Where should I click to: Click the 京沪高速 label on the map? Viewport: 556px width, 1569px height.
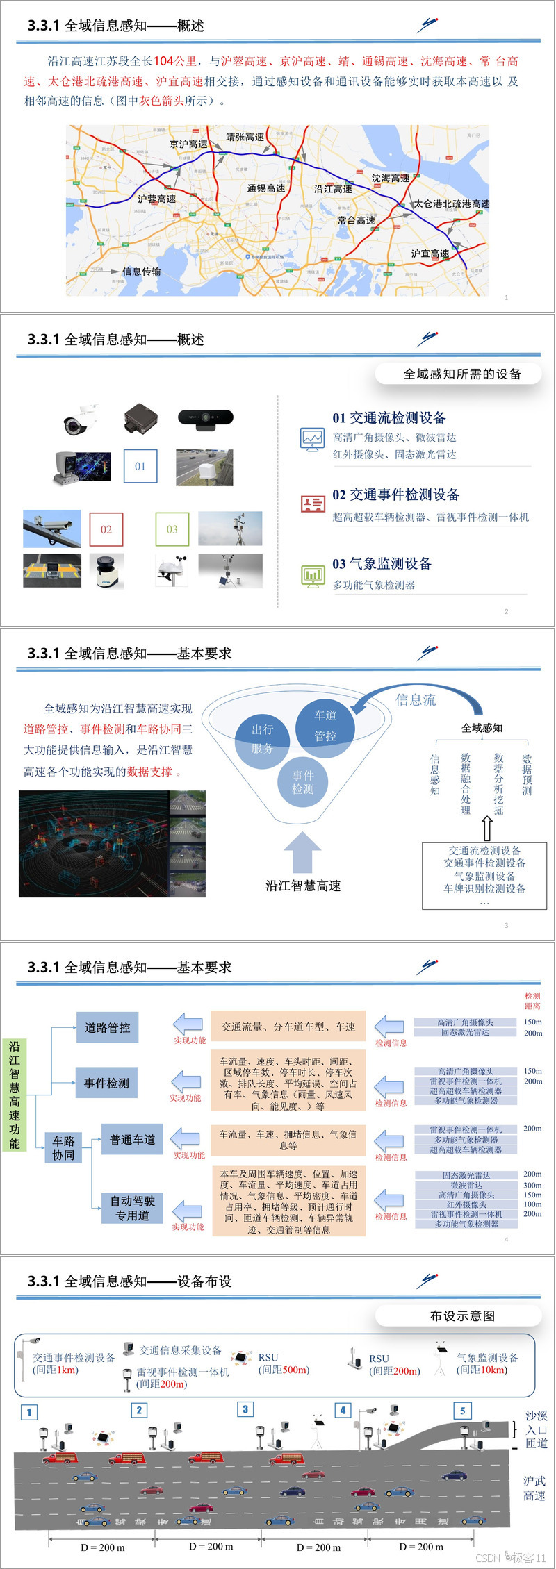[x=188, y=144]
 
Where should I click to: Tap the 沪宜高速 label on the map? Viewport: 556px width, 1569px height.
[x=430, y=254]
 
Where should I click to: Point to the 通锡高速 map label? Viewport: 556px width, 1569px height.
[x=266, y=188]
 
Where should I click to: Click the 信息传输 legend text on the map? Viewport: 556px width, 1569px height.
[x=141, y=272]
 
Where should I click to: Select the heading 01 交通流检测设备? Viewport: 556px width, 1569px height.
[x=389, y=417]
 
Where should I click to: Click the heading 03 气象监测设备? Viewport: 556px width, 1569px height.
[x=382, y=563]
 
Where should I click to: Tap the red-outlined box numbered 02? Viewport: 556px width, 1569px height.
[x=106, y=529]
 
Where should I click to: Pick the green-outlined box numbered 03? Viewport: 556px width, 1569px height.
[x=172, y=529]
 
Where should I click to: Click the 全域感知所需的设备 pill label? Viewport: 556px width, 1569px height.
[x=462, y=374]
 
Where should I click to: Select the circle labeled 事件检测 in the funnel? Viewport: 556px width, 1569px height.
[x=303, y=782]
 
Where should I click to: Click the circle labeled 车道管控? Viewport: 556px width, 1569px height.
[x=325, y=725]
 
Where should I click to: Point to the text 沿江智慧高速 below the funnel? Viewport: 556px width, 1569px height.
[x=303, y=886]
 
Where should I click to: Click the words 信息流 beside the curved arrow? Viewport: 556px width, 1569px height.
[x=416, y=700]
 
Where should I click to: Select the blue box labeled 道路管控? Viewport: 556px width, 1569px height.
[x=107, y=1027]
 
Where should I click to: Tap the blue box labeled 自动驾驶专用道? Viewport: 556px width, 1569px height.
[x=132, y=1208]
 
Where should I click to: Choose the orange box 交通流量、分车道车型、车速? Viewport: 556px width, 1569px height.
[x=288, y=1027]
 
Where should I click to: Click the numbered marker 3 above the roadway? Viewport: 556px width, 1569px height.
[x=245, y=1409]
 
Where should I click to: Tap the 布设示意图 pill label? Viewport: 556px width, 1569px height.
[x=462, y=1315]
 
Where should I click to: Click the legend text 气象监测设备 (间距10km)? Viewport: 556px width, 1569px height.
[x=486, y=1363]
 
